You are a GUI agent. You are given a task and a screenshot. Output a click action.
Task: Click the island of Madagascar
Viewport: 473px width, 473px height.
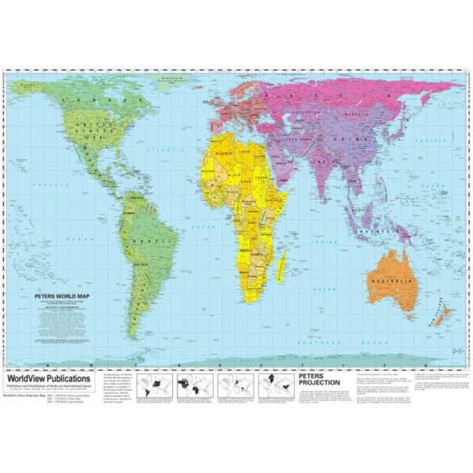280,267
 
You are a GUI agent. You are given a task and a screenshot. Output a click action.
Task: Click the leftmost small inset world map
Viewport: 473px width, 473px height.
152,385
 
